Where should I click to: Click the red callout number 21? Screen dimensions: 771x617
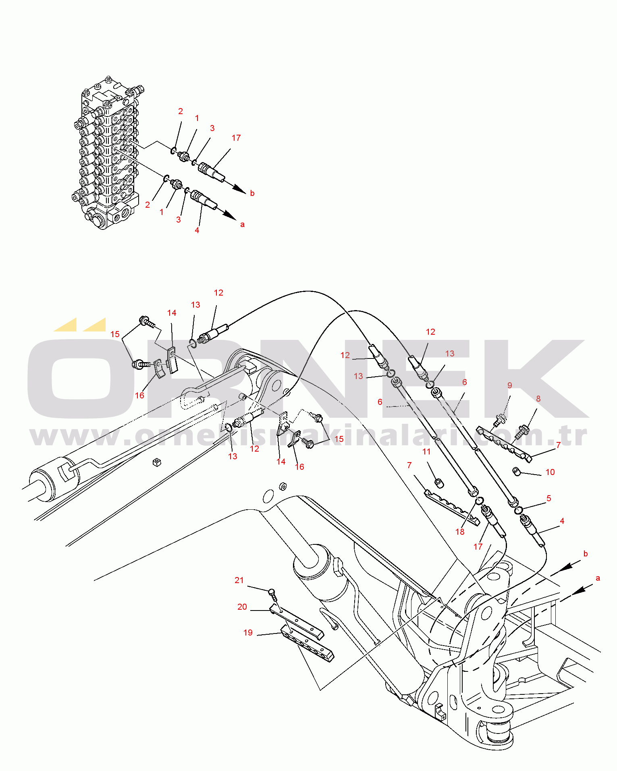coord(239,580)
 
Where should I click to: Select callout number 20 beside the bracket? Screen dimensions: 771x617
coord(242,607)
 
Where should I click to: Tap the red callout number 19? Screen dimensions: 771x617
coord(248,633)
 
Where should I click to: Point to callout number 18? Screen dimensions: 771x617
coord(460,532)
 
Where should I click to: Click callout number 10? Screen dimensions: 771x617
coord(550,472)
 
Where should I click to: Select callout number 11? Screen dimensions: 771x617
coord(426,452)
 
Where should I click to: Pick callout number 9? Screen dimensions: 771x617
coord(509,385)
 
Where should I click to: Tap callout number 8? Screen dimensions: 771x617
coord(538,399)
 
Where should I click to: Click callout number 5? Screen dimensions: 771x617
coord(548,498)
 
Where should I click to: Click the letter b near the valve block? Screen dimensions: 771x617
coord(252,193)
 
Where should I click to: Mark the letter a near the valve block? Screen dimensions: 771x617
coord(242,224)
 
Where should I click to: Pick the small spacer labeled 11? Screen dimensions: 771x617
coord(438,482)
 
